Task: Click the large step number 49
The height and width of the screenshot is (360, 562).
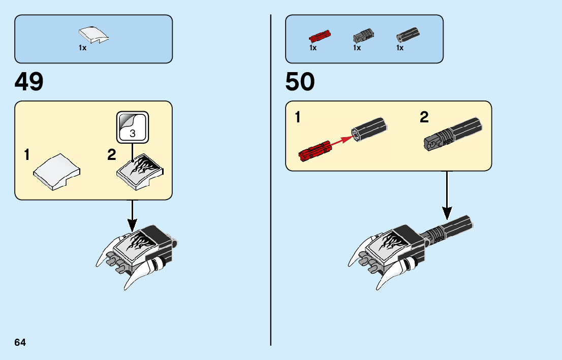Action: point(29,82)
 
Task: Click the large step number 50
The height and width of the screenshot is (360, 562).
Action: point(300,82)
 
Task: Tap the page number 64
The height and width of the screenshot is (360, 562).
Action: point(20,342)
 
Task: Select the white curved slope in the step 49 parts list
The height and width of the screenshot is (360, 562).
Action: point(94,35)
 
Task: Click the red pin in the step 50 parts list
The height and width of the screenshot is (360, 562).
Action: point(320,37)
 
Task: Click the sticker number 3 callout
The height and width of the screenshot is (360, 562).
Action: point(132,127)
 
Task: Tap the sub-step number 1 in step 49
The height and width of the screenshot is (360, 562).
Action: point(27,155)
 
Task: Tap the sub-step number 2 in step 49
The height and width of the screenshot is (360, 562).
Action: point(112,155)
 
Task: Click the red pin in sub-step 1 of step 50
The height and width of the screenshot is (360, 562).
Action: point(316,151)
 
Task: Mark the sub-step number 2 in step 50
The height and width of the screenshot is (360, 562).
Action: point(424,118)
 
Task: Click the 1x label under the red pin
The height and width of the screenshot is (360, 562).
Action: point(313,48)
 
